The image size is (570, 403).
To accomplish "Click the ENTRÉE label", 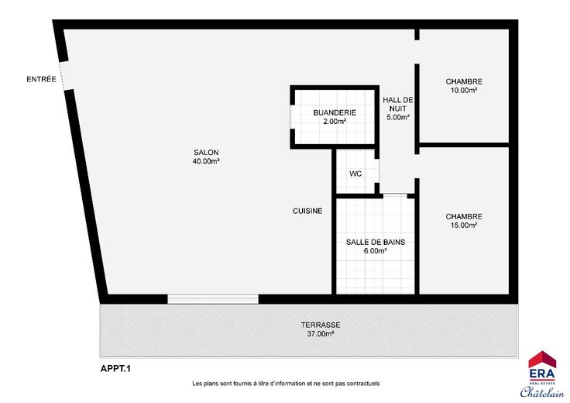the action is pyautogui.click(x=41, y=79).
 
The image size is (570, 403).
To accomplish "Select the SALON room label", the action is pyautogui.click(x=206, y=153).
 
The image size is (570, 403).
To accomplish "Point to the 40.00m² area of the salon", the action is pyautogui.click(x=206, y=161).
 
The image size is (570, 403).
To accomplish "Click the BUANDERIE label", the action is pyautogui.click(x=335, y=112).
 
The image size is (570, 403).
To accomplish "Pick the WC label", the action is pyautogui.click(x=355, y=174).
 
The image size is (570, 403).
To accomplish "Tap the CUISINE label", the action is pyautogui.click(x=307, y=211).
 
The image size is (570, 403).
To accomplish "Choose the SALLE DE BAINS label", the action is pyautogui.click(x=376, y=243).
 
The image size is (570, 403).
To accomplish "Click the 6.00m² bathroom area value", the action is pyautogui.click(x=375, y=251).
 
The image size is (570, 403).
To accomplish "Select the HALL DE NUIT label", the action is pyautogui.click(x=398, y=104).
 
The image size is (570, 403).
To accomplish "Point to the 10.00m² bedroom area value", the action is pyautogui.click(x=464, y=91).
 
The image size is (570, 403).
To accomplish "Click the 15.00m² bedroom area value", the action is pyautogui.click(x=464, y=226).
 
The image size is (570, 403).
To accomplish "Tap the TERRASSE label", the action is pyautogui.click(x=321, y=325).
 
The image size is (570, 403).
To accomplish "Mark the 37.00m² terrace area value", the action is pyautogui.click(x=321, y=334).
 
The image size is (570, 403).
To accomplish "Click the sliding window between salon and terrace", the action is pyautogui.click(x=213, y=299).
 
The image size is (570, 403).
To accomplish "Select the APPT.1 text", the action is pyautogui.click(x=115, y=369).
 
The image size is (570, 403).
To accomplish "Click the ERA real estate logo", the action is pyautogui.click(x=542, y=367).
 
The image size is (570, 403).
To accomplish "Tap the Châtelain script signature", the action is pyautogui.click(x=542, y=391).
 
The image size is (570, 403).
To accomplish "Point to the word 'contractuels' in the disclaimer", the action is pyautogui.click(x=363, y=384).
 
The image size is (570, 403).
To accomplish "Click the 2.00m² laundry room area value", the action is pyautogui.click(x=335, y=122).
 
